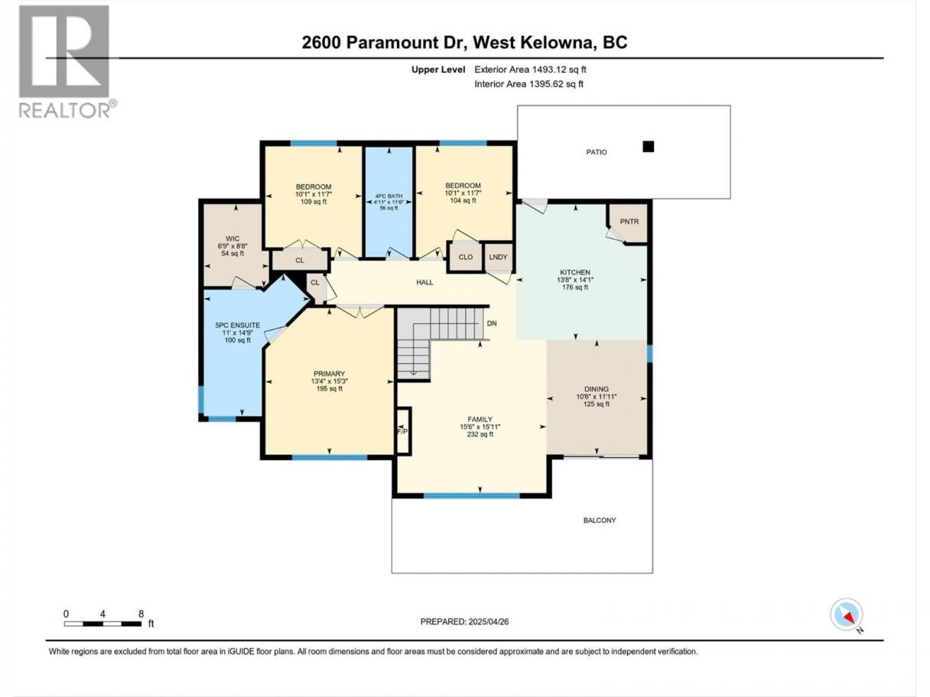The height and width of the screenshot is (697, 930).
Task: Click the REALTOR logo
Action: pos(68,62)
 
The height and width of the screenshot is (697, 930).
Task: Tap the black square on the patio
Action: pos(649,147)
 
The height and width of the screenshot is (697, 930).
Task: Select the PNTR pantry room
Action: pos(629,222)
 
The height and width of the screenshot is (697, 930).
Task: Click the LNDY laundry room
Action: pos(498,257)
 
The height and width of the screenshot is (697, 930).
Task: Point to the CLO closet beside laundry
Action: pos(465,257)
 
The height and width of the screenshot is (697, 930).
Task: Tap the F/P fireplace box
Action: pos(402,431)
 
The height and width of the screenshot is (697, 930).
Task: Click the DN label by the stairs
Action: pos(492,323)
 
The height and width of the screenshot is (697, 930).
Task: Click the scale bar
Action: pos(103,624)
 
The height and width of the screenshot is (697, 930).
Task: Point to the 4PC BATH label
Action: pos(389,196)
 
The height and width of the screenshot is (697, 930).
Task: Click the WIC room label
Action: pos(232,238)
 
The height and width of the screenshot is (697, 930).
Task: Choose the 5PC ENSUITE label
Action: pos(238,325)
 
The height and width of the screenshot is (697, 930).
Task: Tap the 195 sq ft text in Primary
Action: pos(329,388)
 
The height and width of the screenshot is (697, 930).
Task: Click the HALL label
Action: pos(424,282)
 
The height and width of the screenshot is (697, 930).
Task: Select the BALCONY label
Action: pos(600,520)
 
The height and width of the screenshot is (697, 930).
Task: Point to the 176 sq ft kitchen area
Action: pos(575,287)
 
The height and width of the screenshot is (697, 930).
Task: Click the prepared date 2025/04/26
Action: pos(488,621)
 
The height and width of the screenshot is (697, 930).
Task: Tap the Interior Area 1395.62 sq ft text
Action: pos(528,84)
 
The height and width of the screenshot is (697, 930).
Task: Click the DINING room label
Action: pos(597,389)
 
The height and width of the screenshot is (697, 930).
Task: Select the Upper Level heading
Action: pos(438,70)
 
